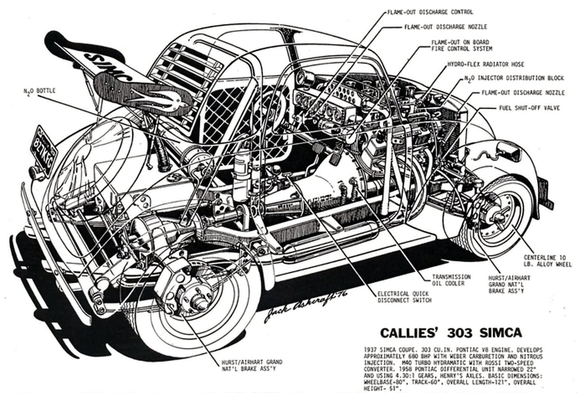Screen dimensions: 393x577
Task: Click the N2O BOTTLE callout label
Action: [x=39, y=90]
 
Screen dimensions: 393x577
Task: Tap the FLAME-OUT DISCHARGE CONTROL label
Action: [x=430, y=12]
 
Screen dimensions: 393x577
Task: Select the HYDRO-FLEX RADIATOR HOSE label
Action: [x=485, y=64]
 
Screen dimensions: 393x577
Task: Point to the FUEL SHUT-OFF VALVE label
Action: [x=529, y=108]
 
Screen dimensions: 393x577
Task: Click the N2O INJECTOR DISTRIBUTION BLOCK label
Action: [x=514, y=78]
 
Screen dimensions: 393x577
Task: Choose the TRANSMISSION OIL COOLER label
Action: [x=451, y=280]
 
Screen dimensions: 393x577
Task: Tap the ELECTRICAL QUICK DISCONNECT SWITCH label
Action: [x=404, y=297]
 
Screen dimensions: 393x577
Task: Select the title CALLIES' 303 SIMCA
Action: [x=451, y=333]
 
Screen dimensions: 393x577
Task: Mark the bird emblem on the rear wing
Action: [x=167, y=99]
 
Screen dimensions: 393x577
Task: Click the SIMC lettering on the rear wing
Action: [x=111, y=68]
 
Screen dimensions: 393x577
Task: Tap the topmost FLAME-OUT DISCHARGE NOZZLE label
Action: [x=446, y=27]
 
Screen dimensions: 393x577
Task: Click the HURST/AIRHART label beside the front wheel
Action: [x=509, y=284]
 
